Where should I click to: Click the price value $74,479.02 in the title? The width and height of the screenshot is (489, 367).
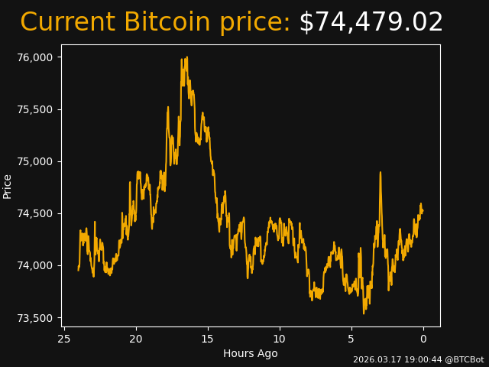coord(371,23)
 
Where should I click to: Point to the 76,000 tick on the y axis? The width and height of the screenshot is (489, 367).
coord(36,57)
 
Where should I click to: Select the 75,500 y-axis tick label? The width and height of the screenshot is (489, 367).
coord(36,109)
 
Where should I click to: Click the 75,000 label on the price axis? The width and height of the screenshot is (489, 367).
coord(36,161)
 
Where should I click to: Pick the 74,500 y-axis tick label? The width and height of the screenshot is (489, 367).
coord(36,213)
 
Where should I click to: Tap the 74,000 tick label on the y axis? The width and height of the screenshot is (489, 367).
coord(36,265)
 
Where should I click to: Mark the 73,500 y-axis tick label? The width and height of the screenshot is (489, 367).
coord(36,318)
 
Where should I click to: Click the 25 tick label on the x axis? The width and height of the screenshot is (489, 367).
coord(64,339)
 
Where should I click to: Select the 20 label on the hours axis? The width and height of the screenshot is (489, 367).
coord(136,339)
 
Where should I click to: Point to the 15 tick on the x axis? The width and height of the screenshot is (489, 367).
coord(208,339)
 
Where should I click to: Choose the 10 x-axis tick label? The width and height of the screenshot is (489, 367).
coord(280,339)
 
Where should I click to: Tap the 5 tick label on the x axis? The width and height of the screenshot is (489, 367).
coord(351,339)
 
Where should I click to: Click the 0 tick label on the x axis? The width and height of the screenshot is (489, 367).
coord(423,339)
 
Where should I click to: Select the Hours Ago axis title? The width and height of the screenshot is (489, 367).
coord(251,353)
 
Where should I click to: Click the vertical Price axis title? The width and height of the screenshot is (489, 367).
coord(8,186)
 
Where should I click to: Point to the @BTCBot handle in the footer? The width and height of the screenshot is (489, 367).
coord(465,359)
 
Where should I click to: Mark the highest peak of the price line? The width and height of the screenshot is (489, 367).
coord(183,58)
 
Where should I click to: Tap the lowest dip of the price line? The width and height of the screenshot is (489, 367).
coord(364,313)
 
